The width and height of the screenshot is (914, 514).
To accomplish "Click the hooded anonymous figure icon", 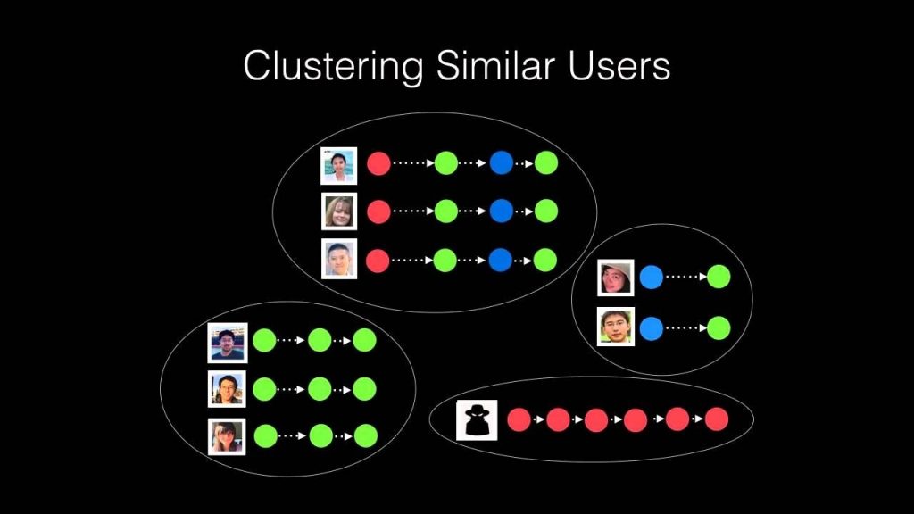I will pos(476,419).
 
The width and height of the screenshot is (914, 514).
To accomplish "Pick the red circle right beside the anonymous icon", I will pos(519,419).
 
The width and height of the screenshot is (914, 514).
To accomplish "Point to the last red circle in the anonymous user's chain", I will pos(717,419).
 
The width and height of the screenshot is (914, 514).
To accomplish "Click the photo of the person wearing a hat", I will pos(616,278).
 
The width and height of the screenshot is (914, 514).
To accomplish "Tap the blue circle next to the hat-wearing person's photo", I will pos(652,278).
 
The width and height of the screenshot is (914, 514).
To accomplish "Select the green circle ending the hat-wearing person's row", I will pos(719,278).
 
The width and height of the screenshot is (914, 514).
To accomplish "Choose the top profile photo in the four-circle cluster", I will pos(339,165).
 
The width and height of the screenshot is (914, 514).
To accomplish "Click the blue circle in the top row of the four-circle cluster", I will pos(502,163).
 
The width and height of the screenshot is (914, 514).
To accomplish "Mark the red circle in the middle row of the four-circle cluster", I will pos(378,211).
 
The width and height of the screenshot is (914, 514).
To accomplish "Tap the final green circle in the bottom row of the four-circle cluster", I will pos(545,260).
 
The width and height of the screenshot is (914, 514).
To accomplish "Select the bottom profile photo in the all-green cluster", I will pos(227,436).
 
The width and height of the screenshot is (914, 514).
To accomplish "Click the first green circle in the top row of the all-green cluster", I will pos(264,340).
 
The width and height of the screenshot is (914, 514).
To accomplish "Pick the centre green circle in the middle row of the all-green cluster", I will pos(320,388).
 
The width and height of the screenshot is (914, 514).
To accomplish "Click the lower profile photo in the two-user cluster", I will pos(616,327).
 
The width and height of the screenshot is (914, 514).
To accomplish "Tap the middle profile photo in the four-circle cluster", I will pos(339,211).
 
